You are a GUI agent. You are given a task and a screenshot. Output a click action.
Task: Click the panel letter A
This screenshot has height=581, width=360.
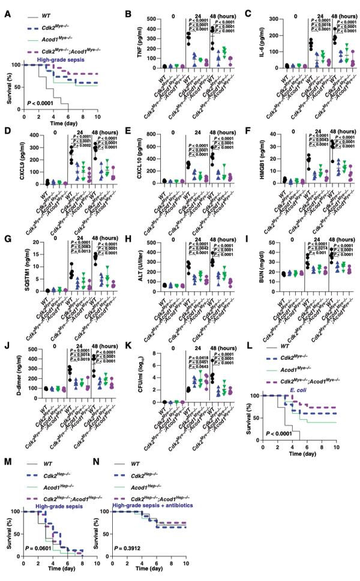point(8,10)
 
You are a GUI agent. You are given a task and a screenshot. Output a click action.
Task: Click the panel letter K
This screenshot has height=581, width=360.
point(127,345)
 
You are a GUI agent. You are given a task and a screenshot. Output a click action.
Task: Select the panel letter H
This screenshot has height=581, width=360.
point(127,231)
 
